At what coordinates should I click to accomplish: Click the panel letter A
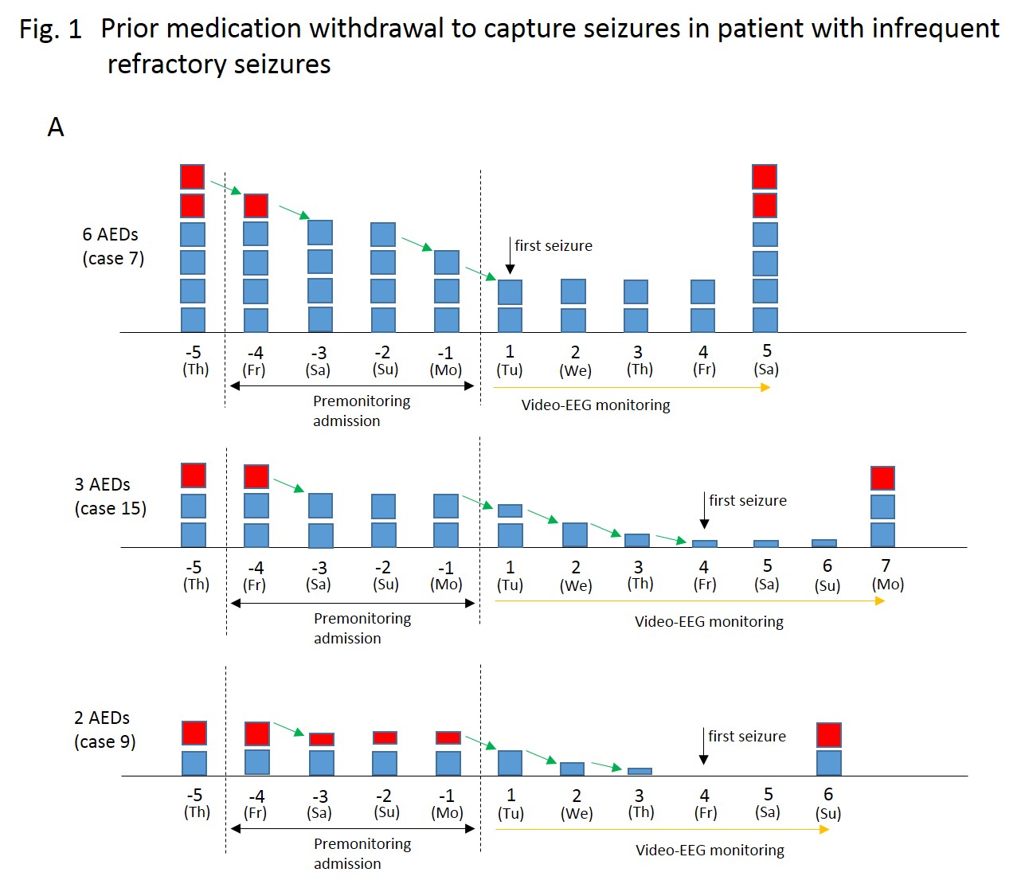56,127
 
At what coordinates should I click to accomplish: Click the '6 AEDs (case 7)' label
112,246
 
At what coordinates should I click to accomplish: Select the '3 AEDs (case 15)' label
110,496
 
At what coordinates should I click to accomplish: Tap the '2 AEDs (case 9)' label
104,729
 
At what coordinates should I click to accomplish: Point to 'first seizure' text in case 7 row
553,246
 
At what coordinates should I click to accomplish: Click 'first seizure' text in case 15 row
747,500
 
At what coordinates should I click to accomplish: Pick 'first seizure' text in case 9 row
746,736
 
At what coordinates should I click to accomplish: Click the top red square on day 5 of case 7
765,177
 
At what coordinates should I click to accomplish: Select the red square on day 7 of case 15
882,478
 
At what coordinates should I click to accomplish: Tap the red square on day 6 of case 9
829,734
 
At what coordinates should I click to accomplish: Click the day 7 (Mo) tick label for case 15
887,574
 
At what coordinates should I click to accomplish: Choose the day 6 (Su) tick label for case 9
828,803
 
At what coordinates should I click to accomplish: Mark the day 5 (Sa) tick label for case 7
766,359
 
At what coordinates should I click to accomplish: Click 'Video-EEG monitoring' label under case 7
596,405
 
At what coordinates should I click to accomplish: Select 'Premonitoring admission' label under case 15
362,628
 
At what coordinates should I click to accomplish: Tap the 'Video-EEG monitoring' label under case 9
710,851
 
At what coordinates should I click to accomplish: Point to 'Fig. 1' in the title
50,29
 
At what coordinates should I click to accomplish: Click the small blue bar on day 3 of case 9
640,771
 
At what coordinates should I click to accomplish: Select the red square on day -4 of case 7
256,205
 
